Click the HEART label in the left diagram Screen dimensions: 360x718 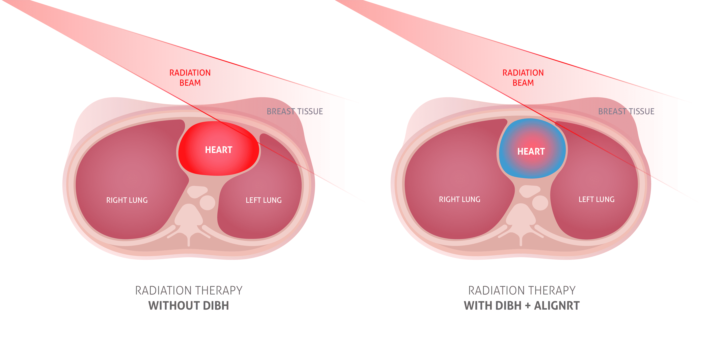218,150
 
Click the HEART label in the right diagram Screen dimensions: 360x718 531,151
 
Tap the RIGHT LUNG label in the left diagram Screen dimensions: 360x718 127,200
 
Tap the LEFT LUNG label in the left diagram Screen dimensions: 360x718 263,200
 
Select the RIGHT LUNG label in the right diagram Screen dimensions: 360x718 459,199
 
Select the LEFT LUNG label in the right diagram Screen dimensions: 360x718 596,199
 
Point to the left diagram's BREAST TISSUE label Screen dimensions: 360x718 295,111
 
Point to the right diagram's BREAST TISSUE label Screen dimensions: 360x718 626,111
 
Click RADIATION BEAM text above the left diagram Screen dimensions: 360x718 190,78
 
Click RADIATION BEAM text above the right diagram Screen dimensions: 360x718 523,78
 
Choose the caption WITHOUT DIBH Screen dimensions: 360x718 188,306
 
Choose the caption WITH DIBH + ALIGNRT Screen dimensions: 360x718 522,306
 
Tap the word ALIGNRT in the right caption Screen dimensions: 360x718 557,306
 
